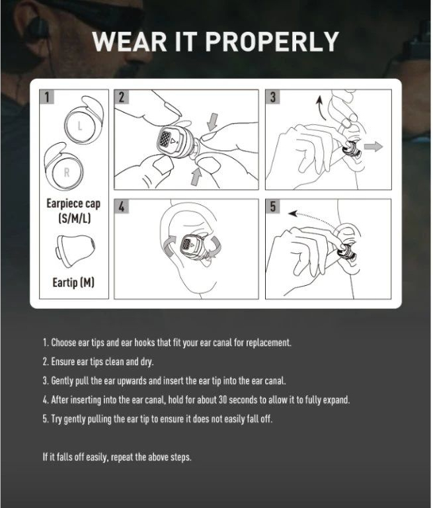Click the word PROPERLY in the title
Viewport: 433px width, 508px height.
[x=272, y=42]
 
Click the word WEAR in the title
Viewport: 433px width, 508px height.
[x=129, y=42]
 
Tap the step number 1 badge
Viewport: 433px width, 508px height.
[x=47, y=97]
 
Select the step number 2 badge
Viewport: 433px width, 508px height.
[x=122, y=97]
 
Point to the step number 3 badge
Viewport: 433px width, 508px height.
[x=272, y=97]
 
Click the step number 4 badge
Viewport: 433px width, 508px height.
[x=122, y=206]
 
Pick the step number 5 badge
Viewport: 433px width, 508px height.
[x=272, y=206]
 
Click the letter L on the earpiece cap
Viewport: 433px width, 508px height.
[x=80, y=126]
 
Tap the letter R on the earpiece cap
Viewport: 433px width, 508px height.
[x=67, y=172]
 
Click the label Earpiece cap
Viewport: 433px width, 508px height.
[x=73, y=204]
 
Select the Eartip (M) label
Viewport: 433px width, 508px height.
[x=73, y=282]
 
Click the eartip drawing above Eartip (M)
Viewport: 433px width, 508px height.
[x=75, y=251]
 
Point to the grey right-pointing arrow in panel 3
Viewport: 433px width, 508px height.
[x=373, y=146]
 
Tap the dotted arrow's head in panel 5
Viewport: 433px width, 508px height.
[x=293, y=214]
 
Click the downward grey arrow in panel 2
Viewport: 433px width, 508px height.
[x=212, y=122]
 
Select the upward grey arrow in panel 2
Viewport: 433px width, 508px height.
[x=196, y=177]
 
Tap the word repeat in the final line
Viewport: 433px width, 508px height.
[x=123, y=457]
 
